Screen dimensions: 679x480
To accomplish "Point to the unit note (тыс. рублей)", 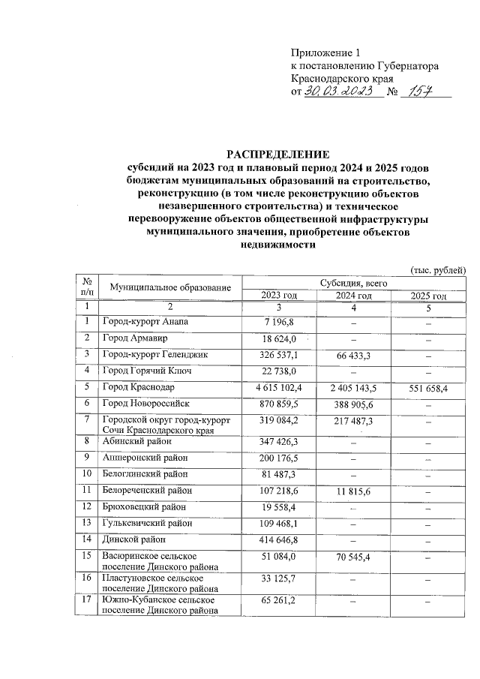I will [438, 269].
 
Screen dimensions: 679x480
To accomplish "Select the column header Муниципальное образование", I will [170, 287].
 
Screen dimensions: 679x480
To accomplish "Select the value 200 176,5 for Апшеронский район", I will [278, 458].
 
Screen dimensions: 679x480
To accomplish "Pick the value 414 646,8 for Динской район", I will [278, 539].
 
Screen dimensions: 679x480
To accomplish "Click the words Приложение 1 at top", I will [325, 53].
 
